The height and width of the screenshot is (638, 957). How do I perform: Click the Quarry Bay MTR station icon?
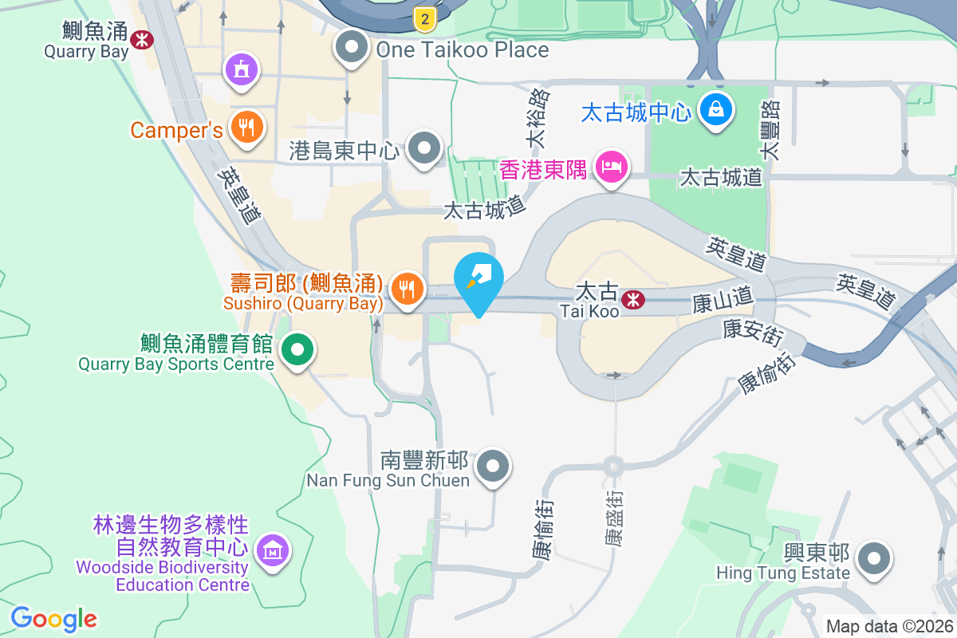144,39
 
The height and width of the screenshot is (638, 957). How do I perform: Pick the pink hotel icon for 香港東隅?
612,168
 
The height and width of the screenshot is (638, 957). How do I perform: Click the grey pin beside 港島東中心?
424,149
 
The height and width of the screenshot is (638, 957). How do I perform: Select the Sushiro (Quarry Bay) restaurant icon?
408,289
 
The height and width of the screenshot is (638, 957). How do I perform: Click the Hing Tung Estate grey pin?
875,558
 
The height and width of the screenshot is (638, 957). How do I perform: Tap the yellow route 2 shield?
426,18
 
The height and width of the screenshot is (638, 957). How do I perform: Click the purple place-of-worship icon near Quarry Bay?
242,69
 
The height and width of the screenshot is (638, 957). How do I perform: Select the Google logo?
54,619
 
